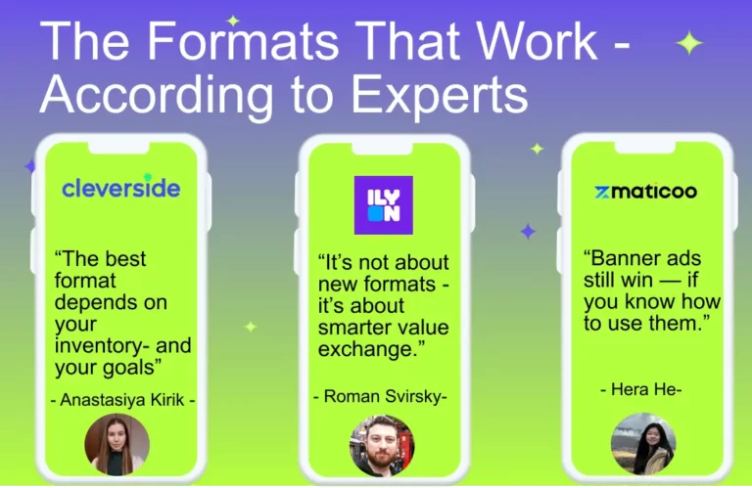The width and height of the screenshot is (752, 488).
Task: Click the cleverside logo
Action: (x=121, y=187)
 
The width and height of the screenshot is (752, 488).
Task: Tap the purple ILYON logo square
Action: (x=384, y=205)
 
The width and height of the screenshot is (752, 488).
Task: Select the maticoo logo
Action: (x=645, y=192)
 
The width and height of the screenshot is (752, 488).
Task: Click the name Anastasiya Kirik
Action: (x=122, y=400)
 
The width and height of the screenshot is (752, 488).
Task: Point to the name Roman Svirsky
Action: (x=382, y=396)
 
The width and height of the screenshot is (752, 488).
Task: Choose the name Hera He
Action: (x=642, y=389)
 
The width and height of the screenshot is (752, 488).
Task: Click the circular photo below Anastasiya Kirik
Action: (x=117, y=444)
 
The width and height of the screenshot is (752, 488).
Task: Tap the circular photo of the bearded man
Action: (x=382, y=445)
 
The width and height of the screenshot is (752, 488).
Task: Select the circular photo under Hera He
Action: (x=643, y=443)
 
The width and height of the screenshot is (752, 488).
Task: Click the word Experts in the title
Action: (x=440, y=94)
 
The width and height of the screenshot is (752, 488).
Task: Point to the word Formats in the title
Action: (x=243, y=40)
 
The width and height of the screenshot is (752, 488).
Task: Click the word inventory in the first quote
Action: (x=102, y=345)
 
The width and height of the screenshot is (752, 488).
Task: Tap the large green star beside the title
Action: (x=689, y=43)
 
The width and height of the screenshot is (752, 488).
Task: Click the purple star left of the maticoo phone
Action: (x=528, y=232)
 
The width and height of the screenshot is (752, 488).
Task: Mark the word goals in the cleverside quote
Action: (x=128, y=368)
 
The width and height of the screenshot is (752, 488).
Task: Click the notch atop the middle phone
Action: (x=382, y=148)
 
